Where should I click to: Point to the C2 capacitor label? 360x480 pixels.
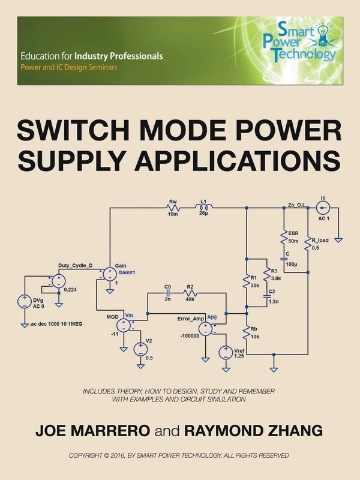271,292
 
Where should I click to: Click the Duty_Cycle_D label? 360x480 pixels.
76,265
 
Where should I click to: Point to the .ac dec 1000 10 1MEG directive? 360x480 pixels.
55,325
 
